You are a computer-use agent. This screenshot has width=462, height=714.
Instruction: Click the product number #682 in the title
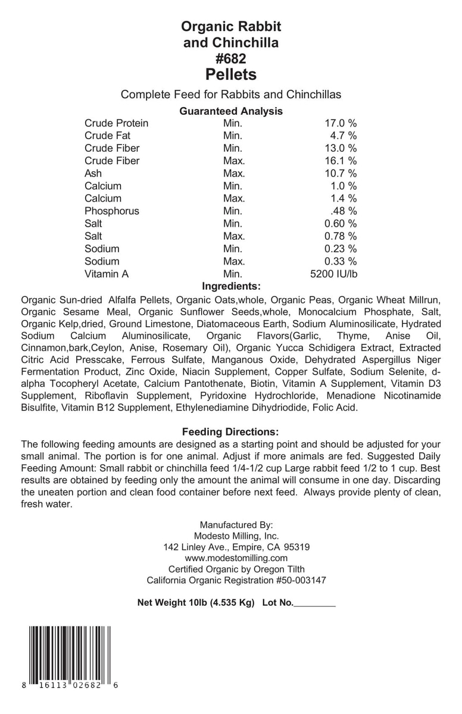[231, 58]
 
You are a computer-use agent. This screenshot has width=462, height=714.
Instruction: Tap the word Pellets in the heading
[231, 75]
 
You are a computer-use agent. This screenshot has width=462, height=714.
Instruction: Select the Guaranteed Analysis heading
[231, 111]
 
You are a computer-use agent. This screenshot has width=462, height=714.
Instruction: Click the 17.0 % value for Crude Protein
[340, 124]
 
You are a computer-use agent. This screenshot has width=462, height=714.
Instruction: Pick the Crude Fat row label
[107, 136]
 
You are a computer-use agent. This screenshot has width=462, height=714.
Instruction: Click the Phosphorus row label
[111, 211]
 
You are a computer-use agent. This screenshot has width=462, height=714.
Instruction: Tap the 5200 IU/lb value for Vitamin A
[332, 274]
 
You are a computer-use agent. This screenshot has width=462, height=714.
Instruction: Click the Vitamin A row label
[107, 274]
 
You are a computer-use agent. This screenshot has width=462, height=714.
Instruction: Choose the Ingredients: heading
[231, 286]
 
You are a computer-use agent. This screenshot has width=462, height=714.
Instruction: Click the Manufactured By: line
[236, 525]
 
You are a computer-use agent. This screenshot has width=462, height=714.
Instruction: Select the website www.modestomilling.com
[236, 558]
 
